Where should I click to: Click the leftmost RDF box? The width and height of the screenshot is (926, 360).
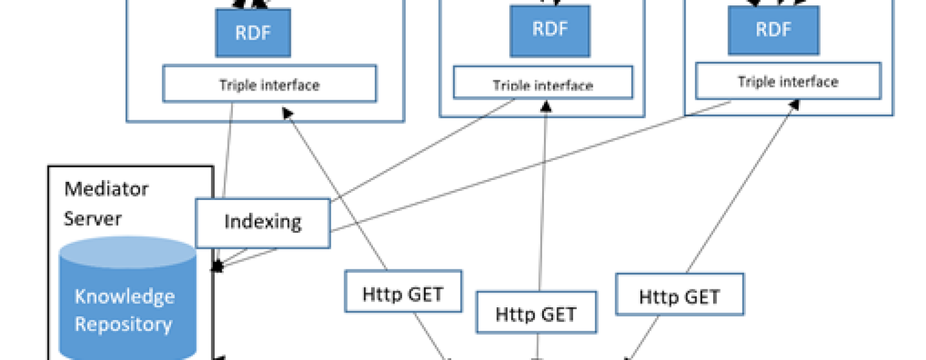[x=253, y=33]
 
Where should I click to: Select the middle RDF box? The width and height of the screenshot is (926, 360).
[x=550, y=31]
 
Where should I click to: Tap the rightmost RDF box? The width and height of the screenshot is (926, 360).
[x=774, y=30]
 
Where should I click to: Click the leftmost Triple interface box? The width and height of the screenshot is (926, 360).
[x=270, y=83]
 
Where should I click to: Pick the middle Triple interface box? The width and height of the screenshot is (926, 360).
[x=543, y=82]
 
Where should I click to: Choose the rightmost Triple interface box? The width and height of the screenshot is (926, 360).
[x=788, y=80]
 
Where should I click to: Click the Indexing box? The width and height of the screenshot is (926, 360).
[x=263, y=223]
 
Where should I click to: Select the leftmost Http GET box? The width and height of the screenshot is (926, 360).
[x=403, y=291]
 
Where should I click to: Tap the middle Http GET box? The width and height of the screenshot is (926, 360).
[x=536, y=312]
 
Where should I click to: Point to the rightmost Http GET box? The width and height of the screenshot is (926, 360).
[x=680, y=294]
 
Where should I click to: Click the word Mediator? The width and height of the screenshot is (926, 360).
[x=106, y=189]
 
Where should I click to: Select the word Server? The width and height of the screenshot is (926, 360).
[x=93, y=218]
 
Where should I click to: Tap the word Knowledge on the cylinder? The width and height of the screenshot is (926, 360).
[x=125, y=297]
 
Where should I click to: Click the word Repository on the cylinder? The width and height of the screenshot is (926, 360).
[x=123, y=323]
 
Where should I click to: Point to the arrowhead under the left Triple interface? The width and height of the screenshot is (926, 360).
[x=287, y=113]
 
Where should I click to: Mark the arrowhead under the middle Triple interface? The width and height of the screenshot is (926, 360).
[x=546, y=106]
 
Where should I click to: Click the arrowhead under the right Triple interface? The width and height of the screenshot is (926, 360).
[x=794, y=105]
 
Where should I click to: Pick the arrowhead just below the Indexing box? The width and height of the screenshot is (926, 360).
[x=217, y=265]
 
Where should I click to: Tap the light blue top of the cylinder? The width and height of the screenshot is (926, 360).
[x=128, y=252]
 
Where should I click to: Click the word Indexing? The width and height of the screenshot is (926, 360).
[x=263, y=222]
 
